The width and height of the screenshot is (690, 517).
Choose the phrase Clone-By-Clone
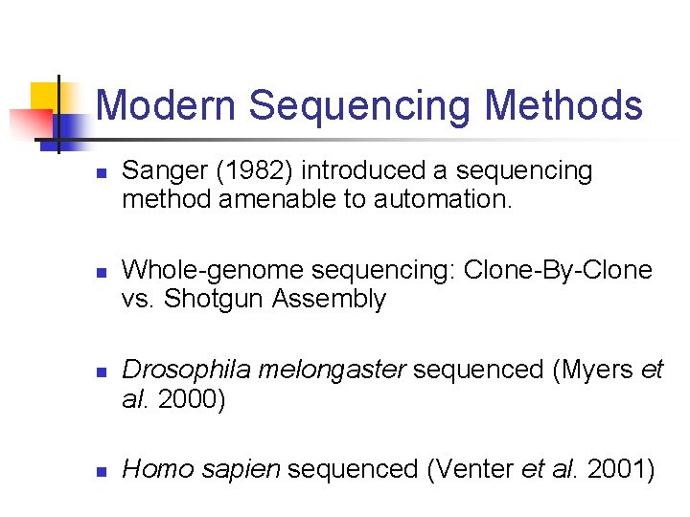(558, 271)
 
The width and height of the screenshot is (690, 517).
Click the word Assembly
(329, 300)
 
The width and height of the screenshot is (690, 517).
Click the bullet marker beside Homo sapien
(101, 472)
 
